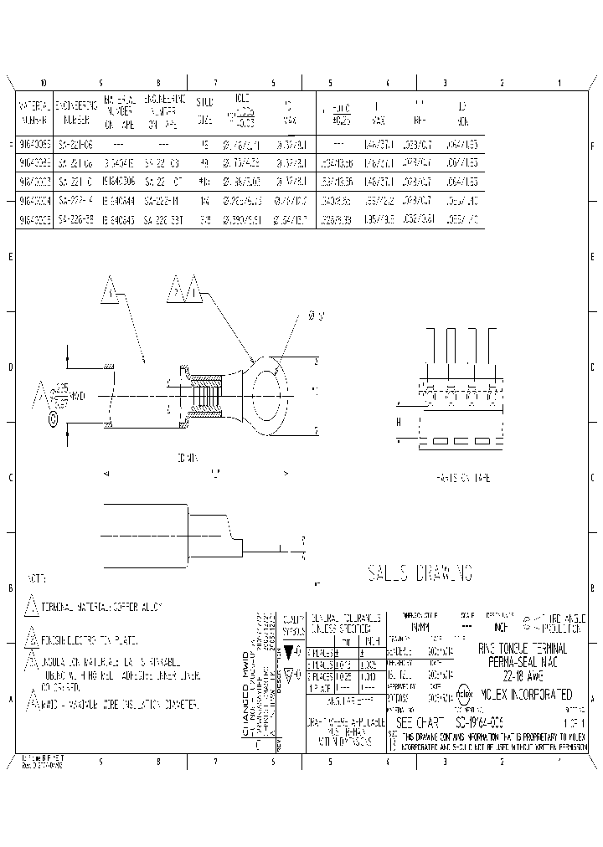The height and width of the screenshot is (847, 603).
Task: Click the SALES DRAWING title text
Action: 420,573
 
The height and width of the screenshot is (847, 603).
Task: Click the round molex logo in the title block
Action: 464,694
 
